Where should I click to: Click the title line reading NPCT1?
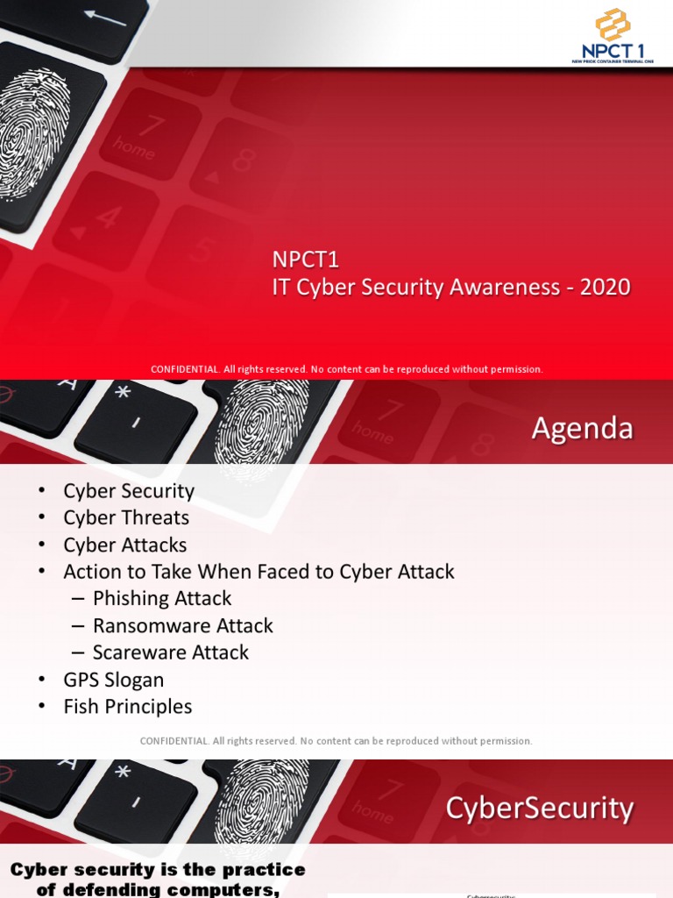coord(304,260)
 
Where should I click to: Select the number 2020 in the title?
coord(605,287)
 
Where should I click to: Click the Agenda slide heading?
coord(582,429)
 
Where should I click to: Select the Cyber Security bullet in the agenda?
coord(129,491)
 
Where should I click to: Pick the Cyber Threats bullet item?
coord(126,518)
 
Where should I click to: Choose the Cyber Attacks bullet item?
coord(124,545)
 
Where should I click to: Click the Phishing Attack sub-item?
coord(162,599)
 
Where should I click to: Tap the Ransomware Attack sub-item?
coord(183,626)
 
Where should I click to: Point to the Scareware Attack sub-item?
coord(171,652)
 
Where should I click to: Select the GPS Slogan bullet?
coord(113,680)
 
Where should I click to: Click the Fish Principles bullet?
coord(127,707)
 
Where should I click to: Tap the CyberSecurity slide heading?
coord(539,808)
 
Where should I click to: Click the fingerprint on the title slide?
coord(33,132)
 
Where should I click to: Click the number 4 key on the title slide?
coord(106,217)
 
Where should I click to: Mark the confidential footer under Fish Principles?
coord(336,741)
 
